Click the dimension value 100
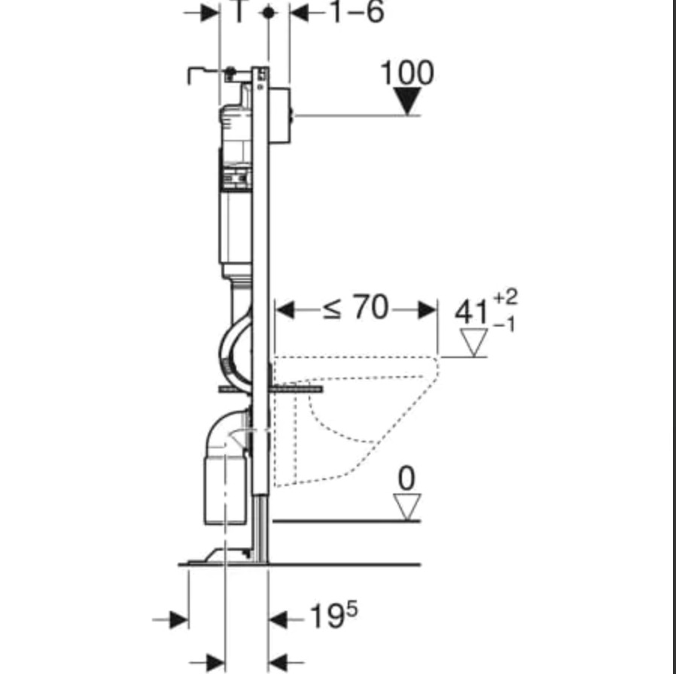(407, 73)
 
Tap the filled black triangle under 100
(407, 101)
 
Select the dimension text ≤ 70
(355, 308)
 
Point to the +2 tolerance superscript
(505, 297)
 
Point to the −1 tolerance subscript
(504, 325)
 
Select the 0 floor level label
(407, 478)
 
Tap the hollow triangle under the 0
(407, 507)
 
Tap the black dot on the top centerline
(269, 13)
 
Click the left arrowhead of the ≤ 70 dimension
(285, 310)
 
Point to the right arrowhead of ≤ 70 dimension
(428, 310)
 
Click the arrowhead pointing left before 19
(278, 620)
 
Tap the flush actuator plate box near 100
(280, 115)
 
